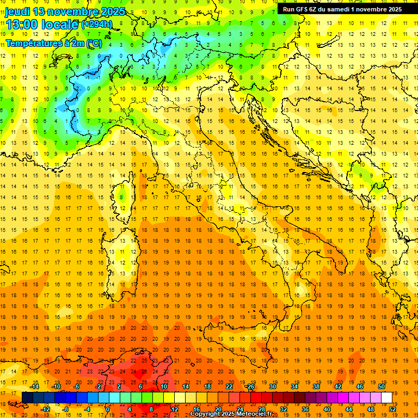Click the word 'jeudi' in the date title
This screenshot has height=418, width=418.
coord(17,11)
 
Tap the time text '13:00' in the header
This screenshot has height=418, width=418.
coord(21,24)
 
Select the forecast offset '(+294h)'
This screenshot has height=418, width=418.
coord(97,24)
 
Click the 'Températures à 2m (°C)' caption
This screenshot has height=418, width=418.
coord(53,43)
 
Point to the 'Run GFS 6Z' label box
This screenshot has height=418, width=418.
coord(342,9)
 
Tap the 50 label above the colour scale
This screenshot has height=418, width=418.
coord(382,386)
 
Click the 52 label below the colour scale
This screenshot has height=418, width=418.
coord(392,409)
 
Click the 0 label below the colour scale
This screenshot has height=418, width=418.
coord(108,409)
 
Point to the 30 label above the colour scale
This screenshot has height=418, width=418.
coord(273,386)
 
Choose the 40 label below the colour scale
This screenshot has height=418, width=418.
coord(327,409)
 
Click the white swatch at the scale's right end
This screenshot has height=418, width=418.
coord(387,397)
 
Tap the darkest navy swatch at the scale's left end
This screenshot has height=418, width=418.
coord(27,397)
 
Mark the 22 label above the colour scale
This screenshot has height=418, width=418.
coord(229,386)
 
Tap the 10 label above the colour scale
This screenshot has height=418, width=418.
coord(164,386)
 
